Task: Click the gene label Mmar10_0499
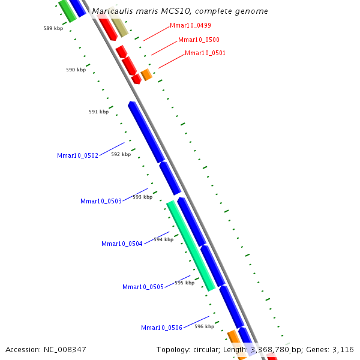tap(190, 26)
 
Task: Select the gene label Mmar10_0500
tap(199, 40)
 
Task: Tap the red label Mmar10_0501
tap(205, 53)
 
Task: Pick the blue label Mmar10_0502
tap(77, 156)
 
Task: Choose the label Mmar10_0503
tap(101, 201)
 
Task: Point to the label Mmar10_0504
tap(122, 244)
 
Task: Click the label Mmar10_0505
tap(143, 287)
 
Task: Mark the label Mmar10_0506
tap(161, 328)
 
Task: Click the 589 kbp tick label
tap(53, 28)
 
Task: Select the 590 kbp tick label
tap(76, 70)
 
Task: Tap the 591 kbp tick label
tap(98, 112)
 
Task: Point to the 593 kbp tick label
tap(143, 197)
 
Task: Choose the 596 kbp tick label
tap(204, 327)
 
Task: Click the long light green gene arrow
tap(191, 246)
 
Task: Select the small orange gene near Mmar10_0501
tap(146, 75)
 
